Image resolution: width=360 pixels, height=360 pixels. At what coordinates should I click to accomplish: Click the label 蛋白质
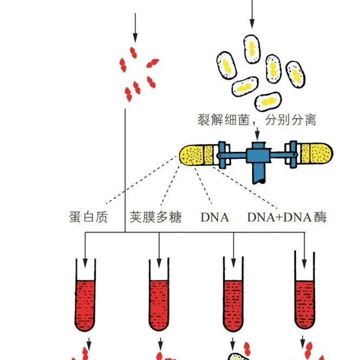[x=89, y=217]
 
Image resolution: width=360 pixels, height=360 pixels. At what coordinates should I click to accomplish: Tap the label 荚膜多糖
[x=156, y=217]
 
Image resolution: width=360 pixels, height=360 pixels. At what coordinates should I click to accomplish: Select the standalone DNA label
[x=215, y=217]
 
